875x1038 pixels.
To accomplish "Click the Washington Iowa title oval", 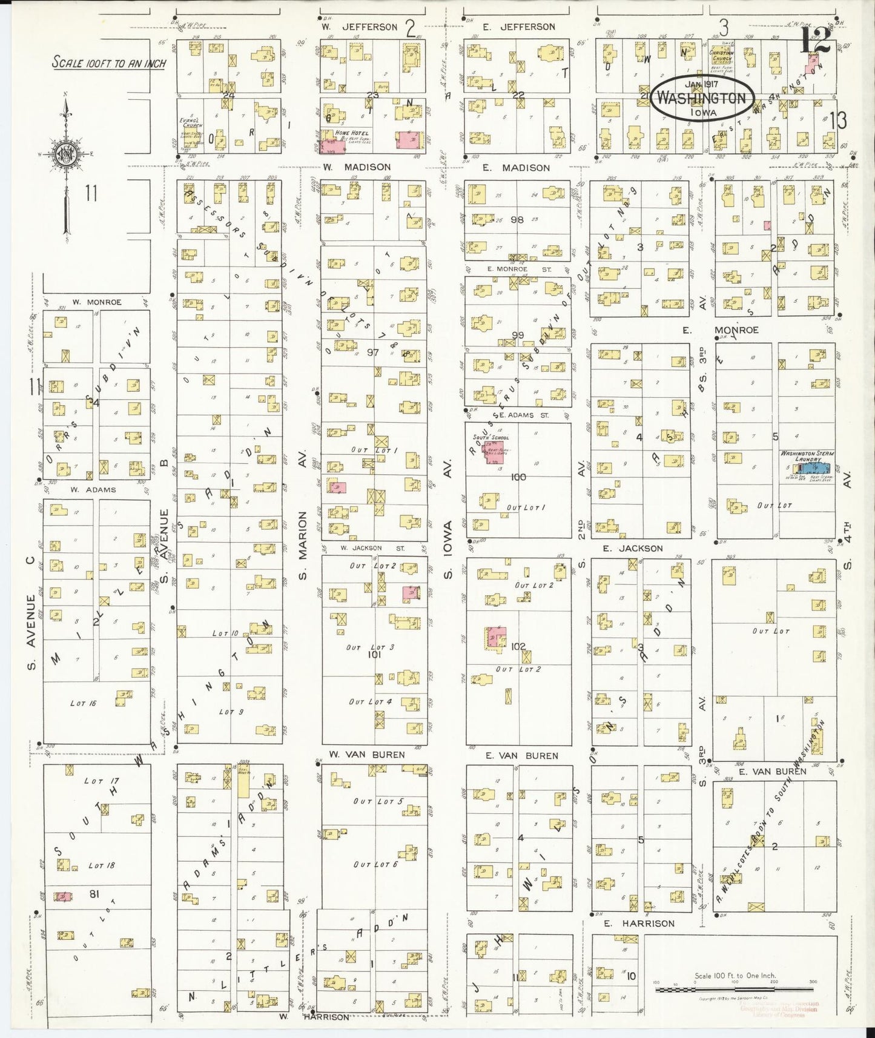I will click(702, 97).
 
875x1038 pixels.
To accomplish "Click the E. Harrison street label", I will click(639, 924).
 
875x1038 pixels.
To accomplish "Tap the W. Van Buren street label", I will click(358, 755).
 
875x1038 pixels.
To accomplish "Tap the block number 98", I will click(517, 220).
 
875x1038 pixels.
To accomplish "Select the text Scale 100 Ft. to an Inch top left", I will click(109, 62).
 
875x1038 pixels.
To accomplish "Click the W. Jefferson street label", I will click(361, 27).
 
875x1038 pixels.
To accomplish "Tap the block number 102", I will click(518, 646).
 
